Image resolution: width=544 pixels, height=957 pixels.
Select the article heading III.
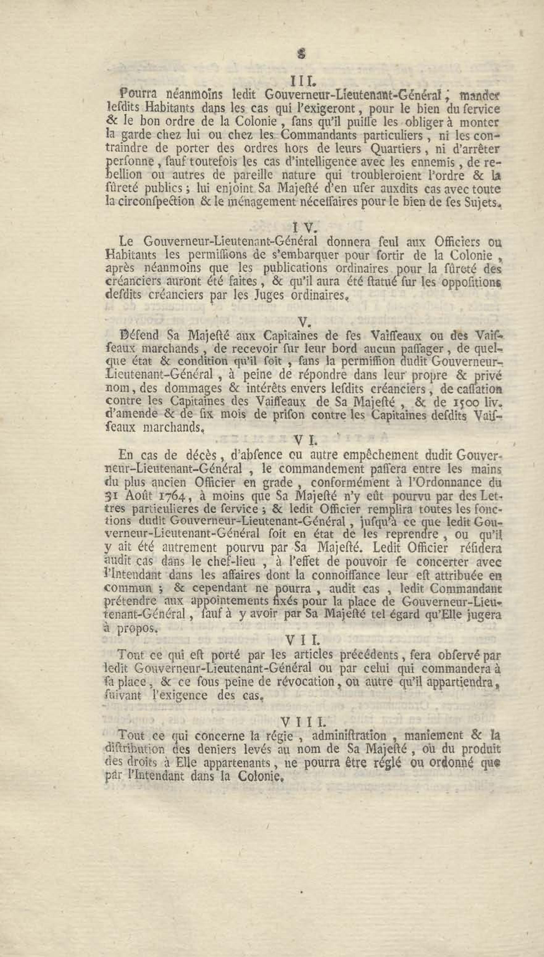click(300, 81)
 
